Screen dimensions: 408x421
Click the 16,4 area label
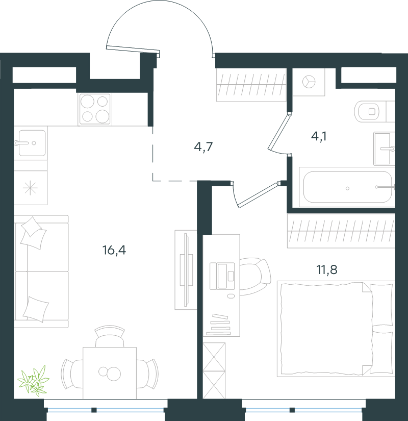point(114,250)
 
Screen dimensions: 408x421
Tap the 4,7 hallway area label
point(203,146)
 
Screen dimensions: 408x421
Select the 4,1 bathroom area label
point(319,136)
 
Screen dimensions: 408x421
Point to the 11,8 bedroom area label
point(327,269)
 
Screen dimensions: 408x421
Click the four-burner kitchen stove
point(95,109)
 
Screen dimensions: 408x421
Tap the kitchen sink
point(30,143)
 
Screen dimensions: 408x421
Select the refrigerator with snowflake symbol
point(30,187)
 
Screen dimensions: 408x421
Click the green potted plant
point(33,381)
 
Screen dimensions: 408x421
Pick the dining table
point(110,373)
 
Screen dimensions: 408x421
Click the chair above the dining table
point(110,336)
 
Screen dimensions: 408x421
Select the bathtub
point(347,187)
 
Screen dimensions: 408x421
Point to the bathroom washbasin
point(384,148)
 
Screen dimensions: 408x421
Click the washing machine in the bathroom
point(309,82)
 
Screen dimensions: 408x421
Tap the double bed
point(336,329)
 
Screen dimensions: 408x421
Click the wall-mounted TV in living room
point(186,270)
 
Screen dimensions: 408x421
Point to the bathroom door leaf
point(279,132)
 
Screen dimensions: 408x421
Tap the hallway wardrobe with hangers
point(251,85)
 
